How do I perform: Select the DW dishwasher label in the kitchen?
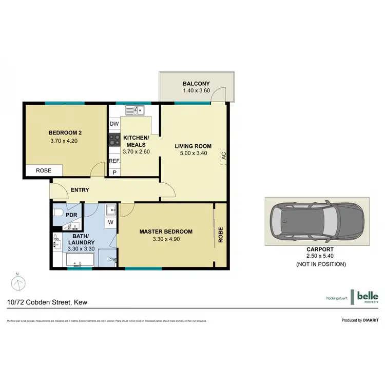click(x=114, y=124)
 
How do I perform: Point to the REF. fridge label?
click(x=114, y=161)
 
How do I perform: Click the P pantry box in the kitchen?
click(x=114, y=172)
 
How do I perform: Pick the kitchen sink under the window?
click(x=137, y=109)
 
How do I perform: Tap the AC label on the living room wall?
click(x=224, y=156)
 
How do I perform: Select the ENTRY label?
click(x=80, y=190)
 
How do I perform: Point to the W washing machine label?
click(x=111, y=223)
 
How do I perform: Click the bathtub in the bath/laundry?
click(x=79, y=264)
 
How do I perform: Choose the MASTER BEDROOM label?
click(x=166, y=232)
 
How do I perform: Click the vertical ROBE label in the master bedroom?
click(x=221, y=234)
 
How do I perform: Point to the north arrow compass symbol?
click(x=17, y=283)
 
